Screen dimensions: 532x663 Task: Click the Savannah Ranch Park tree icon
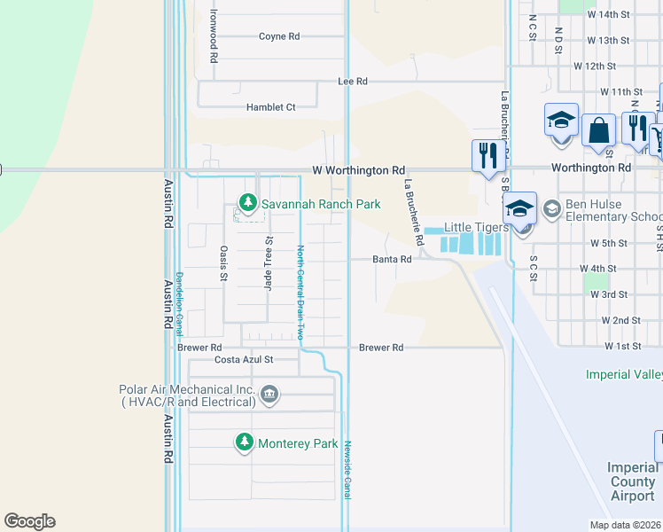[248, 204]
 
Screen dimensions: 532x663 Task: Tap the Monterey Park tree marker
[246, 442]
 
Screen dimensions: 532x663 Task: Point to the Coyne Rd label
[279, 37]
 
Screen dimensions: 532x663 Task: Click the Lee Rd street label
[353, 81]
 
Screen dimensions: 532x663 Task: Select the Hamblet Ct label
[270, 107]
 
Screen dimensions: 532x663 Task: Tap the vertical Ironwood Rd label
[214, 35]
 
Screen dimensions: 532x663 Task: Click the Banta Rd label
[392, 260]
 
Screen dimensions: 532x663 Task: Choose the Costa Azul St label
[244, 360]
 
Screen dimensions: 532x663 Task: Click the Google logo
[29, 521]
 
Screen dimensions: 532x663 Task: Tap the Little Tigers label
[472, 227]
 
